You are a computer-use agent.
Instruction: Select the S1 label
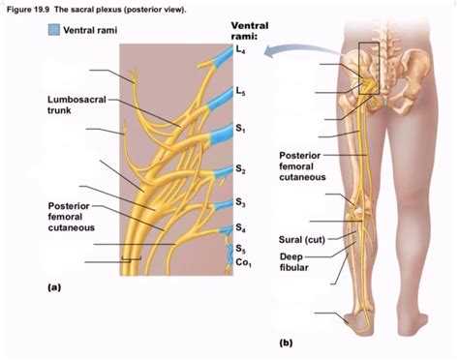click(239, 130)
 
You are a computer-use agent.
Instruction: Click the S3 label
click(239, 202)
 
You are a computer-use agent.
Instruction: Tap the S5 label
click(239, 249)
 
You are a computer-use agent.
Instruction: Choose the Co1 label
click(241, 262)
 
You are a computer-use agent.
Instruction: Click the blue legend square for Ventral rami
click(51, 31)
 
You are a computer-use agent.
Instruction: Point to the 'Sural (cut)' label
click(301, 238)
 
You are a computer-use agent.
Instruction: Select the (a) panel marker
click(54, 287)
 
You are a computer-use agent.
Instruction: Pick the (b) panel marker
click(285, 343)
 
